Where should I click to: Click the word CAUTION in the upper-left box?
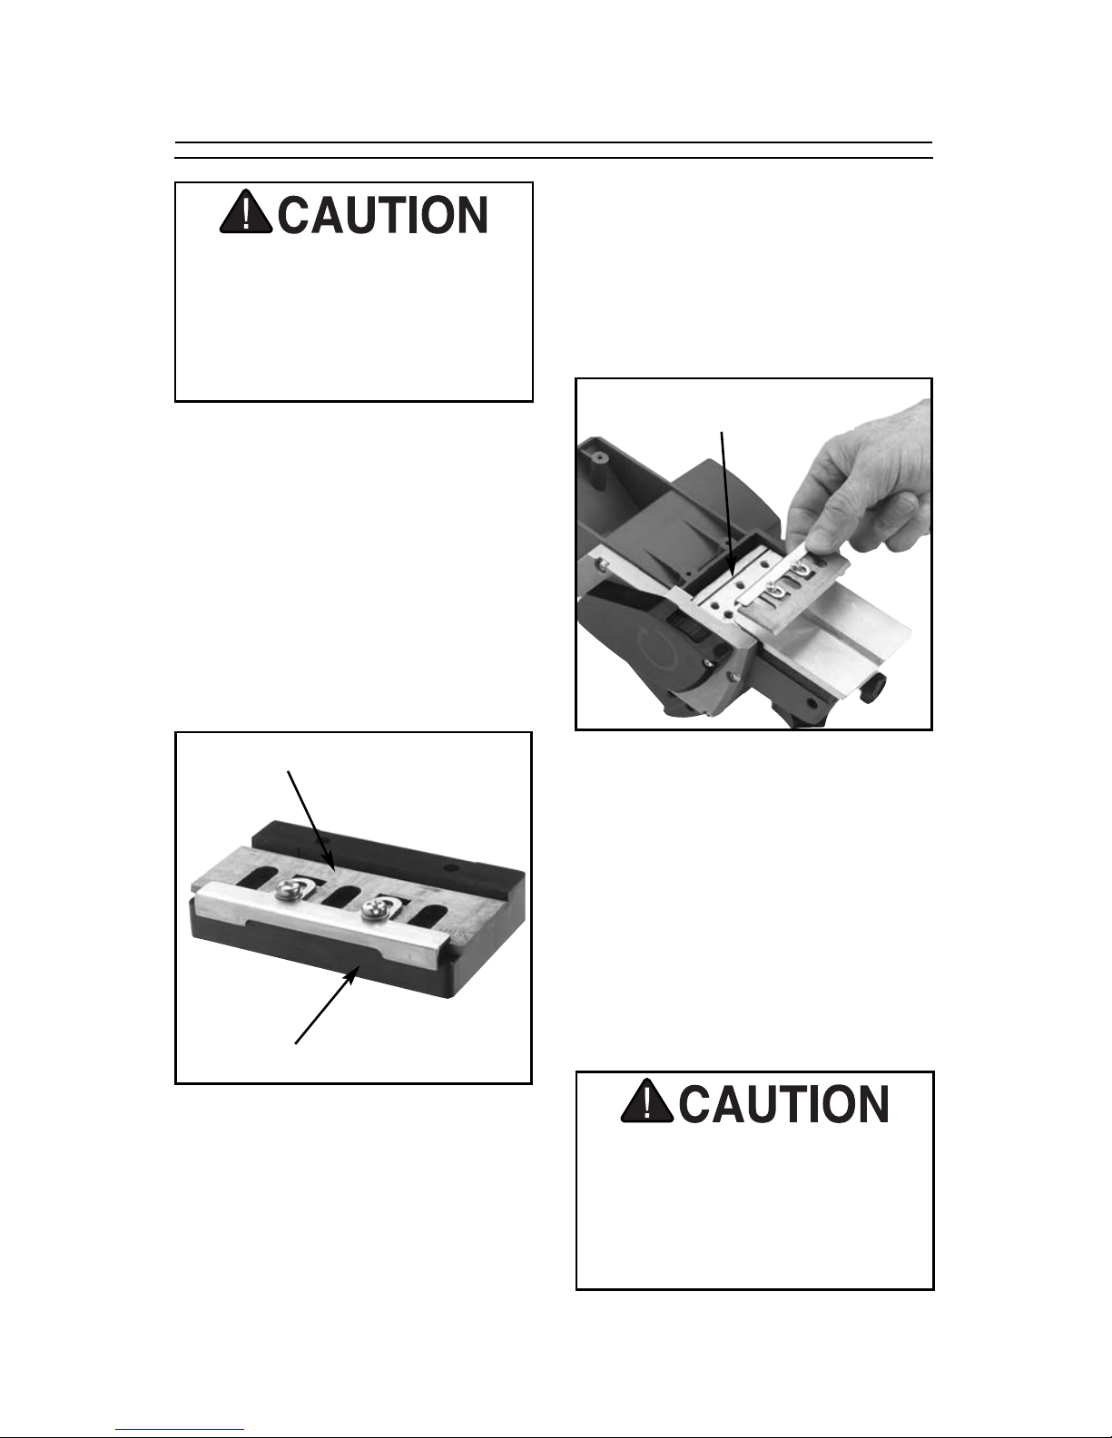tap(382, 215)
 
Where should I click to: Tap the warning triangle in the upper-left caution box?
tap(246, 211)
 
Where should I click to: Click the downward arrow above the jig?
tap(311, 820)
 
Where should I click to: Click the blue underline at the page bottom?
tap(180, 1430)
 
